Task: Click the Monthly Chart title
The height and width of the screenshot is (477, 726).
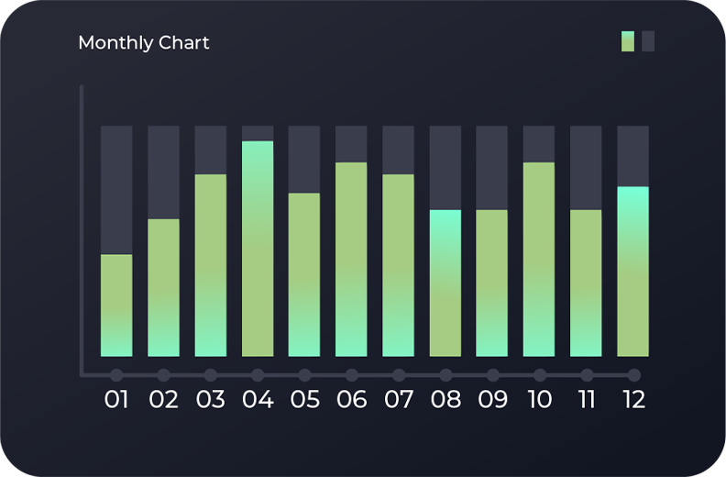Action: tap(144, 42)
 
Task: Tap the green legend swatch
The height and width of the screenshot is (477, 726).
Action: tap(628, 41)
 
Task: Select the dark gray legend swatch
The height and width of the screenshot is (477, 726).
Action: tap(648, 41)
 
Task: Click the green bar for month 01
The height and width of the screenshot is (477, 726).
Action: tap(116, 305)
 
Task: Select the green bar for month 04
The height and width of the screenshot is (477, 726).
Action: tap(258, 249)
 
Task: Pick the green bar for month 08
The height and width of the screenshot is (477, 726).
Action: tap(445, 283)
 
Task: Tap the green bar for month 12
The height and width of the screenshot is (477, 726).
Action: tap(632, 272)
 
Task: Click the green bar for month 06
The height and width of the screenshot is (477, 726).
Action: tap(351, 259)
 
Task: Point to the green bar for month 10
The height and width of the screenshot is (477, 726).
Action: tap(539, 259)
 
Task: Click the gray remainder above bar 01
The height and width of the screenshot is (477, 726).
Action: tap(116, 190)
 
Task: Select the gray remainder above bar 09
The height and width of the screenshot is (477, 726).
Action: tap(492, 168)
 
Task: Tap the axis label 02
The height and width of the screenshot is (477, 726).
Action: tap(163, 400)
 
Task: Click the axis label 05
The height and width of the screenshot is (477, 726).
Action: tap(304, 400)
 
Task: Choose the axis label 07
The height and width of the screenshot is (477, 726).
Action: tap(399, 400)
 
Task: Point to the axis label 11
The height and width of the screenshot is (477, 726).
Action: tap(587, 400)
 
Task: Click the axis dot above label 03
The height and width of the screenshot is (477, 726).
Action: tap(211, 374)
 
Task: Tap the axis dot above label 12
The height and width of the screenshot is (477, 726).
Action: tap(633, 374)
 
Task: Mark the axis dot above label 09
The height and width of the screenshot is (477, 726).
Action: tap(492, 374)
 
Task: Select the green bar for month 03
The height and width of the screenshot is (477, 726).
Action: tap(211, 265)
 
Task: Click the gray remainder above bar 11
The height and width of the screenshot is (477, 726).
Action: tap(586, 168)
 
